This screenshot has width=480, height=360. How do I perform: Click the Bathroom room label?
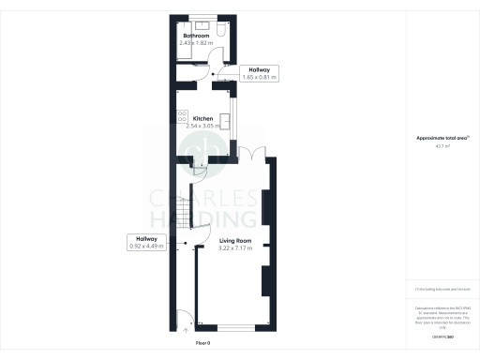click(196, 36)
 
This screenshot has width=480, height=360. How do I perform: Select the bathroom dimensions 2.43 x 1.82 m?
click(197, 43)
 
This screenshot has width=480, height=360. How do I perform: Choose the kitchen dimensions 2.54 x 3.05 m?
click(205, 126)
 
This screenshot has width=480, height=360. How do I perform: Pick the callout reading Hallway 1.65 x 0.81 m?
click(259, 73)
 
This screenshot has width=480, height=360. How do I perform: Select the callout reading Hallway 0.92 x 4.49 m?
click(147, 243)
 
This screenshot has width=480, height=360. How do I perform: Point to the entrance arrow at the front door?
click(186, 330)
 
